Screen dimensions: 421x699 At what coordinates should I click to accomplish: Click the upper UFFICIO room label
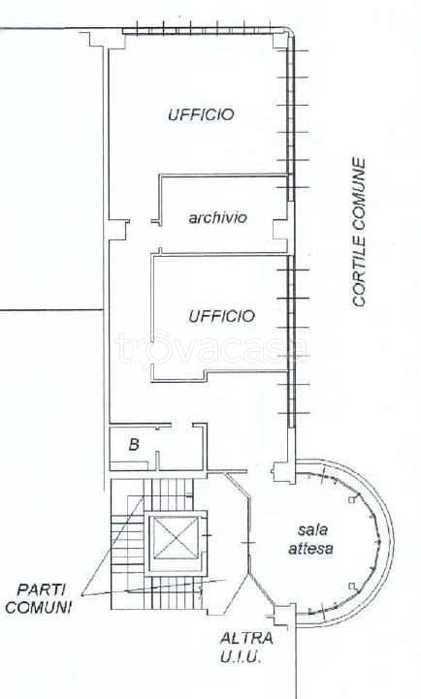pos(201,114)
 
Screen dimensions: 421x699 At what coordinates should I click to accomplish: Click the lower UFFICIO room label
pos(221,316)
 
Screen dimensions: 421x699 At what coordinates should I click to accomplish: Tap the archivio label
pos(217,217)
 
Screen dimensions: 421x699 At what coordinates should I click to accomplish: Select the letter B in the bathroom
pos(134,444)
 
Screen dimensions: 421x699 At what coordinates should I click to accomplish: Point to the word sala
pos(312,530)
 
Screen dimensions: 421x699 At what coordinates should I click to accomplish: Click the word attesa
pos(310,548)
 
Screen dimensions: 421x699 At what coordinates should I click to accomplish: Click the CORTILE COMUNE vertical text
pos(359,233)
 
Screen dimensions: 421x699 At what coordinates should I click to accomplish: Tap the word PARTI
pos(41,589)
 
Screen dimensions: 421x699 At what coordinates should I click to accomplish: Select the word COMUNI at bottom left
pos(39,607)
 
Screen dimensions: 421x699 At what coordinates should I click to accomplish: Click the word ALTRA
pos(246,638)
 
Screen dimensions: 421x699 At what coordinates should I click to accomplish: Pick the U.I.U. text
pos(240,656)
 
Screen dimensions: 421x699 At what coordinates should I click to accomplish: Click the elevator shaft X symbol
pos(175,537)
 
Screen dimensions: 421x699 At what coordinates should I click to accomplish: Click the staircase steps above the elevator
pos(170,494)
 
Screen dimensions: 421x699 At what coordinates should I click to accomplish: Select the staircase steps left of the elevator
pos(127,544)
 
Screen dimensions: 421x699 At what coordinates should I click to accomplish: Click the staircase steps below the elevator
pos(175,592)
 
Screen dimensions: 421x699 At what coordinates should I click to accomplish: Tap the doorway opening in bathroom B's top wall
pos(182,425)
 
